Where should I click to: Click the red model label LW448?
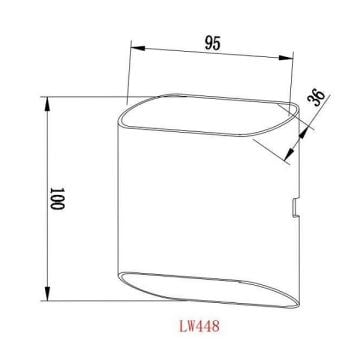click(200, 325)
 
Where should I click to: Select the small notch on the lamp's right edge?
click(294, 207)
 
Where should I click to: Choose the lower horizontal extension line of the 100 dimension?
click(90, 302)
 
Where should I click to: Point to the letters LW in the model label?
click(183, 325)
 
